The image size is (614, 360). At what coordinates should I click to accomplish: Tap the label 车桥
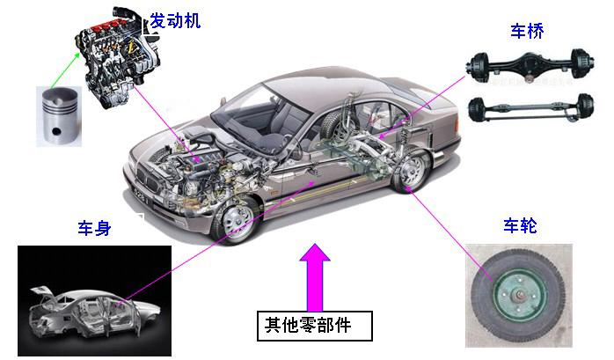point(527,33)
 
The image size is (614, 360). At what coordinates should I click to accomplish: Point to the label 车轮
point(520,226)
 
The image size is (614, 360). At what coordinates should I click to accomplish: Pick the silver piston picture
point(59,115)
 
